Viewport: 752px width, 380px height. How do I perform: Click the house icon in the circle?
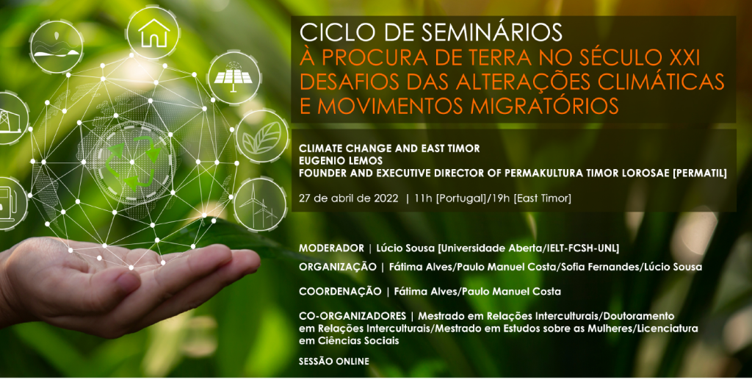click(154, 33)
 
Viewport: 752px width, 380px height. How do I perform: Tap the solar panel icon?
click(233, 77)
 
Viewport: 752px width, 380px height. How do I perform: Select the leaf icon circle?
click(262, 137)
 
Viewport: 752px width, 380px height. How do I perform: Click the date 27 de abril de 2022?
click(349, 198)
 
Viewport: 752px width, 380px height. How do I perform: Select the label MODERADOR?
click(331, 248)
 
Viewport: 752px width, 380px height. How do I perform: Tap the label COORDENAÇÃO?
click(340, 292)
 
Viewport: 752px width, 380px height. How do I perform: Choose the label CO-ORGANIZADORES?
click(352, 316)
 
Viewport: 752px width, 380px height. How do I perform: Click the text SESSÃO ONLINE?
click(334, 362)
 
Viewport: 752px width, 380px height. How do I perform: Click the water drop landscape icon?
click(57, 47)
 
